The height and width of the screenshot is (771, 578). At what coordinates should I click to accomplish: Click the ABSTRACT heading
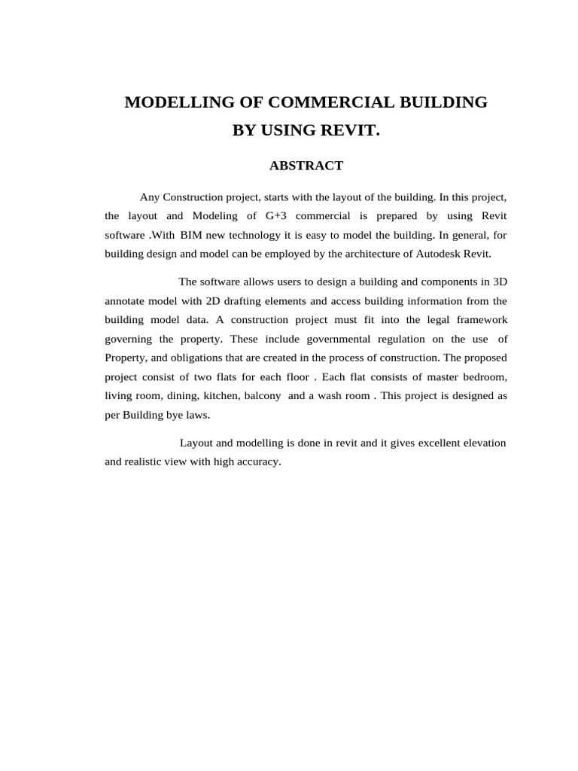(306, 166)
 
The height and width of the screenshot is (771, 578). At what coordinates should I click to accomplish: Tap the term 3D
(499, 282)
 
